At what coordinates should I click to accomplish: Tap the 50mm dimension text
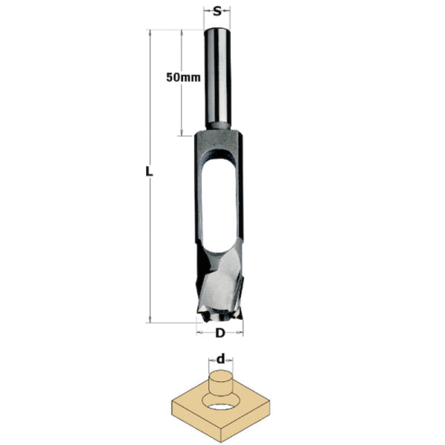pos(180,78)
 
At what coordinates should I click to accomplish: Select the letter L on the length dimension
pos(149,172)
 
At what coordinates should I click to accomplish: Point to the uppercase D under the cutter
pos(220,333)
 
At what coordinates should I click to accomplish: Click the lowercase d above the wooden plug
pos(221,360)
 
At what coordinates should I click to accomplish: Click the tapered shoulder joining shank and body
pos(218,132)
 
